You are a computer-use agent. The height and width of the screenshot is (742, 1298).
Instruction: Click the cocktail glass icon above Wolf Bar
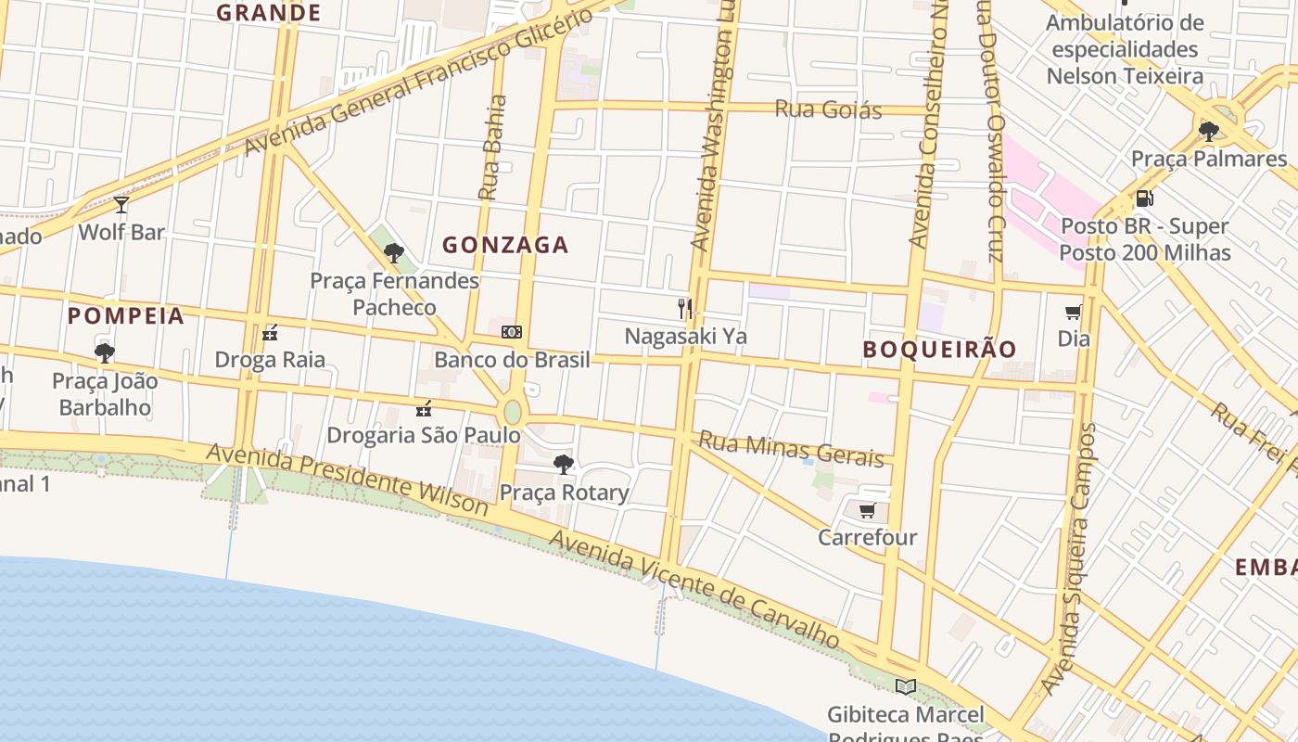pyautogui.click(x=121, y=205)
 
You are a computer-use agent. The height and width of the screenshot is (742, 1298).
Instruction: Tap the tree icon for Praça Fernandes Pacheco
pyautogui.click(x=394, y=252)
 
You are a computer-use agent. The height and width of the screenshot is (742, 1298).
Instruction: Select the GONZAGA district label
pyautogui.click(x=505, y=245)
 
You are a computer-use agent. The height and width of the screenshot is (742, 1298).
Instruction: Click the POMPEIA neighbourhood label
pyautogui.click(x=126, y=315)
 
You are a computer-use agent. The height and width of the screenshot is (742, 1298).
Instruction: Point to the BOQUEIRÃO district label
pyautogui.click(x=940, y=349)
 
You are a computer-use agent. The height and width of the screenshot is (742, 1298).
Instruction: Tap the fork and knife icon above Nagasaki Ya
pyautogui.click(x=685, y=309)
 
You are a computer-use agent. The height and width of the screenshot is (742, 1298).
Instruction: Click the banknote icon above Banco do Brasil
pyautogui.click(x=512, y=332)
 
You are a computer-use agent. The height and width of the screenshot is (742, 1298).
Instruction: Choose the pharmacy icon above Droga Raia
pyautogui.click(x=270, y=333)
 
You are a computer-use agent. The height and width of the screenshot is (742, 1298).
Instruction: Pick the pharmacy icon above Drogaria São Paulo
pyautogui.click(x=424, y=408)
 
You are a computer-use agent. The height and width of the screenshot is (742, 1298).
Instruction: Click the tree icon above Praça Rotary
pyautogui.click(x=563, y=465)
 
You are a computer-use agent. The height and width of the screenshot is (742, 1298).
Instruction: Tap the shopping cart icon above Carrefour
pyautogui.click(x=867, y=510)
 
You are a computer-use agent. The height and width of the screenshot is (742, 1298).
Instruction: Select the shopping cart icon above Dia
pyautogui.click(x=1074, y=312)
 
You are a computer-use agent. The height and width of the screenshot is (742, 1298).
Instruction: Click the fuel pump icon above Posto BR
pyautogui.click(x=1144, y=198)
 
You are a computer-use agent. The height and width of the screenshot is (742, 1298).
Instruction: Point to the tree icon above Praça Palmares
pyautogui.click(x=1208, y=132)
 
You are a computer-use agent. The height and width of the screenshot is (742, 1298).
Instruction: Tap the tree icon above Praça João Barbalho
pyautogui.click(x=104, y=353)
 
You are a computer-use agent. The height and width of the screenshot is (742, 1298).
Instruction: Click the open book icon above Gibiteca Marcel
pyautogui.click(x=905, y=686)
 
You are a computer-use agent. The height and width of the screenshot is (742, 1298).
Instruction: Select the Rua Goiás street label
pyautogui.click(x=828, y=109)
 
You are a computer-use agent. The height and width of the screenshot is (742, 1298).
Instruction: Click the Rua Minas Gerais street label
pyautogui.click(x=791, y=448)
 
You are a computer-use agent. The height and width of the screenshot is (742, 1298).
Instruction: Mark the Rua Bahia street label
pyautogui.click(x=492, y=148)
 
